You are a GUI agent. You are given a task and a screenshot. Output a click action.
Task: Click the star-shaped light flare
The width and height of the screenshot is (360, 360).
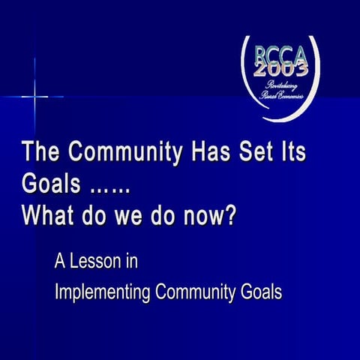tap(35, 96)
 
